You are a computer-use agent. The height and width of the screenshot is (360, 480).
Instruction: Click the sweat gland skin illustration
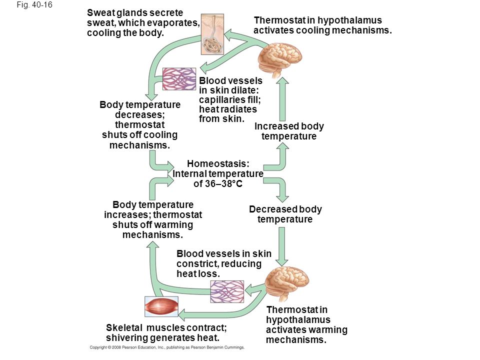[x=212, y=34]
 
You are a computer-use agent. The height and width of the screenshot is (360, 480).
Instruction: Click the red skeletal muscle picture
[x=161, y=306]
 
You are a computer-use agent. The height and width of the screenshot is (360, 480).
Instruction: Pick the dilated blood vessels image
[x=179, y=79]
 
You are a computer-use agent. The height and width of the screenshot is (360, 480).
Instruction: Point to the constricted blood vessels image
[x=227, y=291]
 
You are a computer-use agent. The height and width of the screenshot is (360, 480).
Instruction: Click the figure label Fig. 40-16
[x=34, y=5]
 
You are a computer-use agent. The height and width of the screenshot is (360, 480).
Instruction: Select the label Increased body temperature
[x=289, y=131]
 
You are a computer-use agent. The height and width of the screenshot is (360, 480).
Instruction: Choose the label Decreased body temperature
[x=285, y=214]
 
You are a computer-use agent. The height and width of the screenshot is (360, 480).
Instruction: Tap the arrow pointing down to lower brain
[x=282, y=246]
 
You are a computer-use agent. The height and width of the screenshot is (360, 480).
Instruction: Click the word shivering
[x=126, y=338]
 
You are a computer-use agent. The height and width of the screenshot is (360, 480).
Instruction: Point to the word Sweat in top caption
[x=98, y=12]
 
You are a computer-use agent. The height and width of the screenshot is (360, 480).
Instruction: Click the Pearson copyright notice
[x=167, y=347]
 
